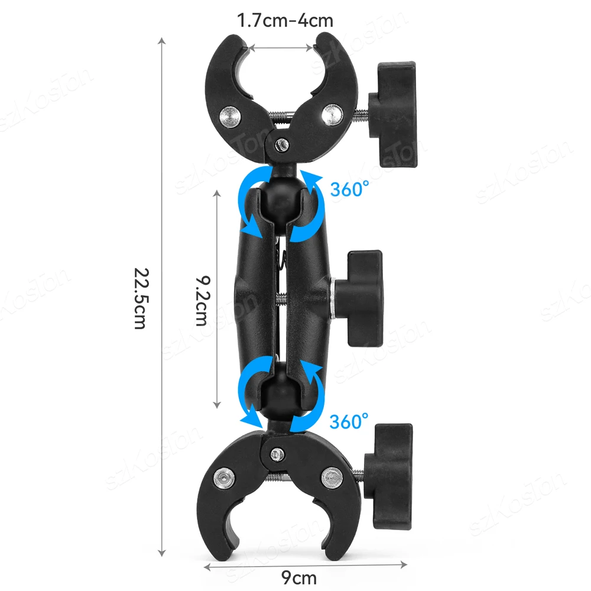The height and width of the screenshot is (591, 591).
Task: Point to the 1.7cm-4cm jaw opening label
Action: click(x=285, y=21)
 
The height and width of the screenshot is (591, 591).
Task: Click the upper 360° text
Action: click(x=349, y=189)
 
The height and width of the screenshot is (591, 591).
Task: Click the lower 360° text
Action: click(x=349, y=421)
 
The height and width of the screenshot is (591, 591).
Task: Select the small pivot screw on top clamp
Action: click(x=284, y=143)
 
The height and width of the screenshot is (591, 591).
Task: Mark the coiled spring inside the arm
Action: click(x=282, y=260)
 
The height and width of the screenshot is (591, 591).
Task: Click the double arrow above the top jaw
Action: click(x=281, y=47)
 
